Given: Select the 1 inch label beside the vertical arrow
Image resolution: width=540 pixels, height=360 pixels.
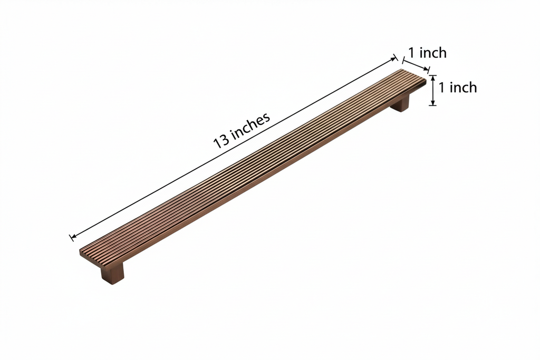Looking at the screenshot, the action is (458, 87).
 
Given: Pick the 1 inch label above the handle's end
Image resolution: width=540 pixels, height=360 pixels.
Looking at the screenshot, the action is (427, 53).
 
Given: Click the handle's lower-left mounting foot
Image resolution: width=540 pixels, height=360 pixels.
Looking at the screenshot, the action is (112, 273).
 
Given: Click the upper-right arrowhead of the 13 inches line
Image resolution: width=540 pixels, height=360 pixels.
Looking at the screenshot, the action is (394, 59).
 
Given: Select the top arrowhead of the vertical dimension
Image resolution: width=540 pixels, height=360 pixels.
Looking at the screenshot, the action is (433, 78).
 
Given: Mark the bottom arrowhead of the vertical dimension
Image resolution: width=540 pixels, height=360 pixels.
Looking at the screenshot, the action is (433, 102).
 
